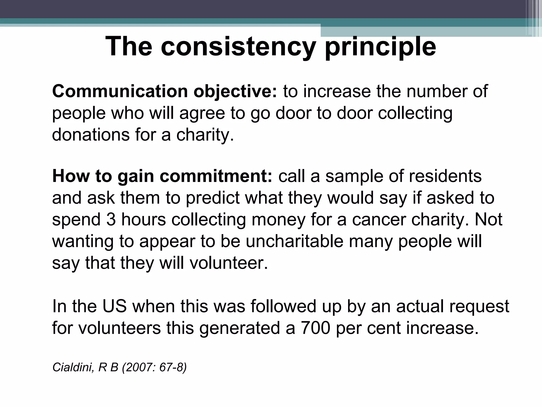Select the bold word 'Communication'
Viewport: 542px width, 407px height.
[x=120, y=91]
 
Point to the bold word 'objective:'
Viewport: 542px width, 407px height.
[x=235, y=91]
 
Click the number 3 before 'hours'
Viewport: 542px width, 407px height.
[x=111, y=220]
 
